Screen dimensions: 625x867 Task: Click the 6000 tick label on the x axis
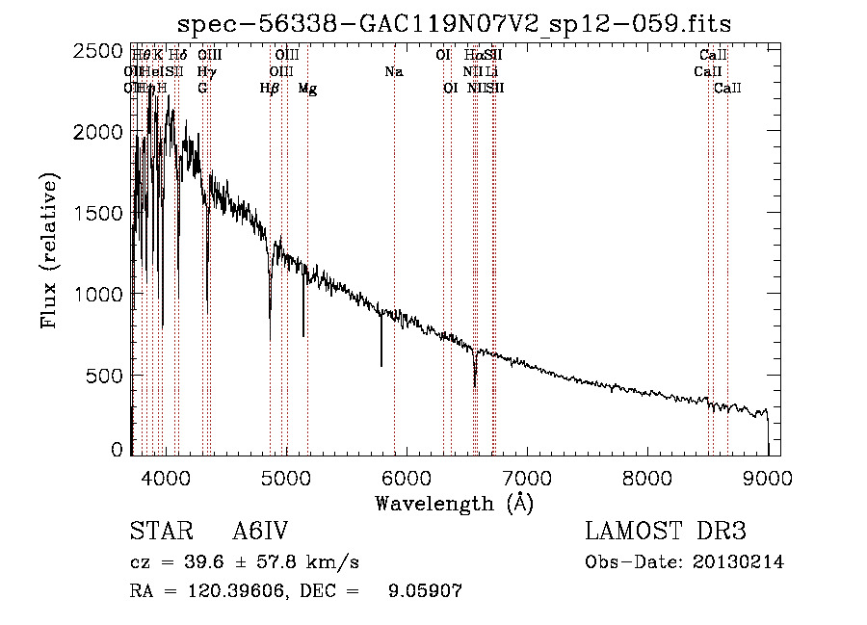[406, 477]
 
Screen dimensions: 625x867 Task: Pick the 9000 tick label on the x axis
[768, 477]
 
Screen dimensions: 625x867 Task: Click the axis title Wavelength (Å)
[454, 503]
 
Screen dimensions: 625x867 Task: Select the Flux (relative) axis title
[50, 251]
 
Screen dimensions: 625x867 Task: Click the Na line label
[393, 72]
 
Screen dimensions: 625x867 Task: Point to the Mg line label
[307, 89]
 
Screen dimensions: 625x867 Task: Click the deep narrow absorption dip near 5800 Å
[381, 364]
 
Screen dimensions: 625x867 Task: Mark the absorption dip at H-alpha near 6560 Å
[474, 384]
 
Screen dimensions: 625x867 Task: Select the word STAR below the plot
[158, 532]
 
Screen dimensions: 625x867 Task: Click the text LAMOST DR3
[666, 532]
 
